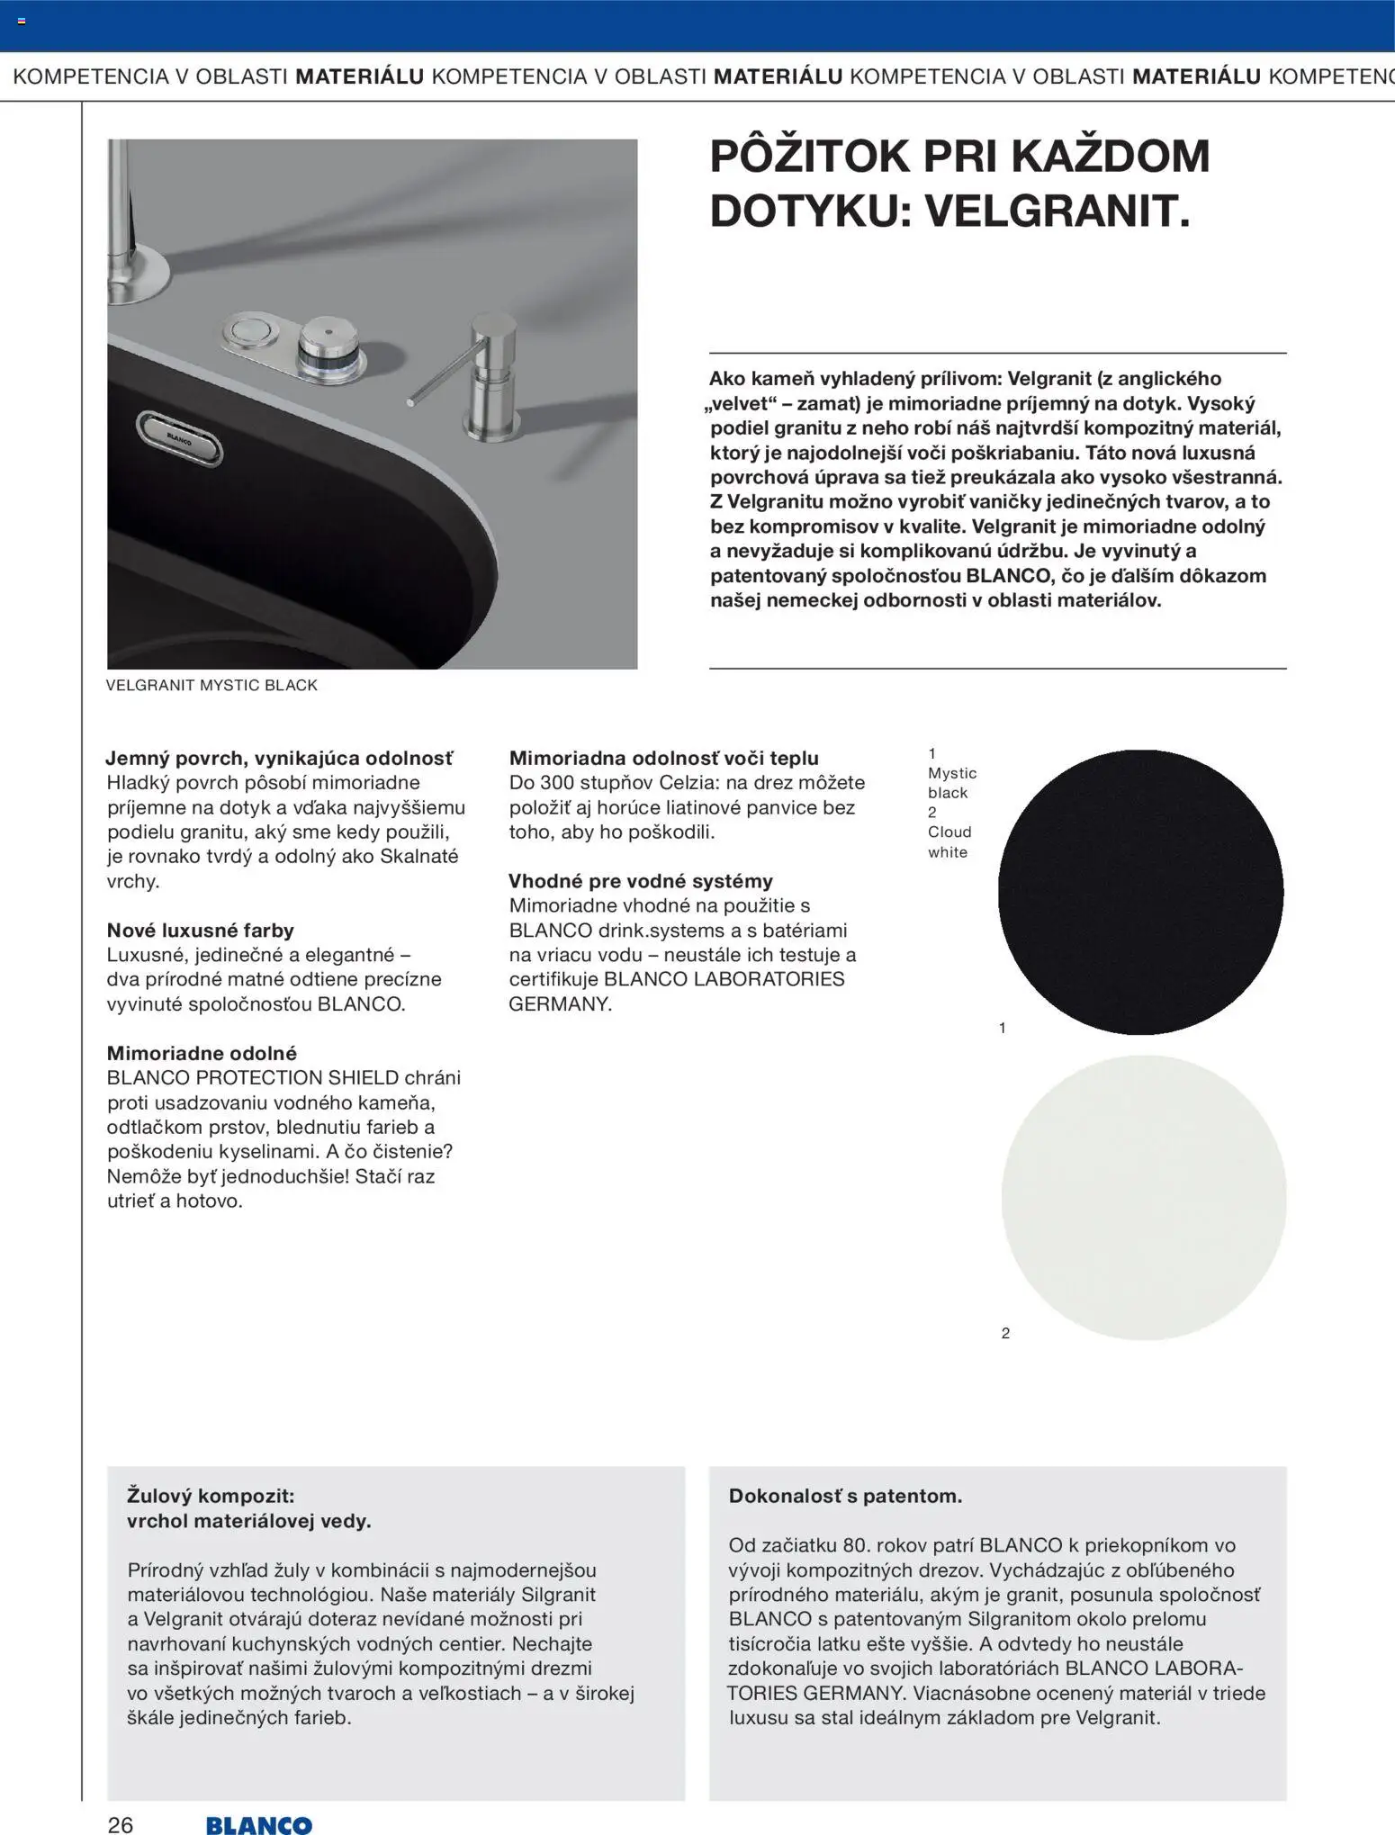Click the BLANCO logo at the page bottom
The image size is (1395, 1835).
click(x=258, y=1824)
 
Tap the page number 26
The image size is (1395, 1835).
click(x=121, y=1824)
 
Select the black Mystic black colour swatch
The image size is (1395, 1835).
click(x=1140, y=892)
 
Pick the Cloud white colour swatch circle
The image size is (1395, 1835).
click(x=1143, y=1198)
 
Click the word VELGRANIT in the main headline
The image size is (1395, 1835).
click(x=1057, y=211)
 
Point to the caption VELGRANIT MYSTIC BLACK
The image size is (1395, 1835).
click(x=211, y=685)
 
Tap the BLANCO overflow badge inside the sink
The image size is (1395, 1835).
click(x=179, y=437)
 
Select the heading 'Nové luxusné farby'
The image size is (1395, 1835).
click(x=200, y=931)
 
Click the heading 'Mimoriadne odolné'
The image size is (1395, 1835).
click(x=202, y=1053)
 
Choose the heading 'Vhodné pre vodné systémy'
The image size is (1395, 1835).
click(x=640, y=881)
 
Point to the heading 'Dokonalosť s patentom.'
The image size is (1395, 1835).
click(x=845, y=1496)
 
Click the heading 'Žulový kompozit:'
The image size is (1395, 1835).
click(x=211, y=1496)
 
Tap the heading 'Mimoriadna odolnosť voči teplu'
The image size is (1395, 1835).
click(x=663, y=758)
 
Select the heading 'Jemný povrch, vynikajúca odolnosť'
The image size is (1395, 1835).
click(x=279, y=758)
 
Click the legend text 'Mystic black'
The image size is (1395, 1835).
click(x=951, y=783)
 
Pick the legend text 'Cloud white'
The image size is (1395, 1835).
click(x=949, y=841)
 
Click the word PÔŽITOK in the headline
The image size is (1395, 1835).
click(x=809, y=157)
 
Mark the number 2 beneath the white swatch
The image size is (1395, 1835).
click(x=1005, y=1333)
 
